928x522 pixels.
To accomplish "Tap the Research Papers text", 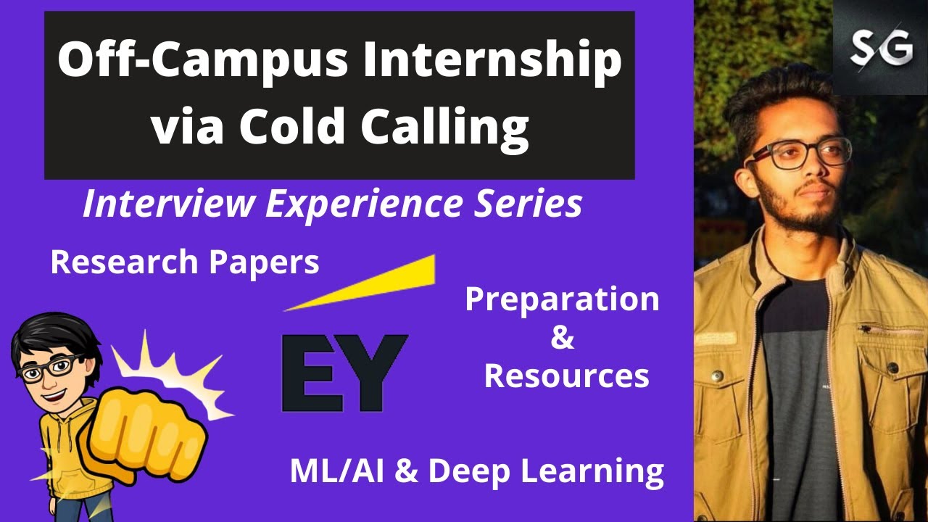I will point(185,262).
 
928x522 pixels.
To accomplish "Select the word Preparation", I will point(563,299).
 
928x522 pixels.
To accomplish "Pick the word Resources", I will point(566,376).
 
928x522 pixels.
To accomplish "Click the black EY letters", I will point(344,371).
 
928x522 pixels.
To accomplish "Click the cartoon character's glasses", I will point(47,370).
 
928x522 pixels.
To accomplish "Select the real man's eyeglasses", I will point(797,152).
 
